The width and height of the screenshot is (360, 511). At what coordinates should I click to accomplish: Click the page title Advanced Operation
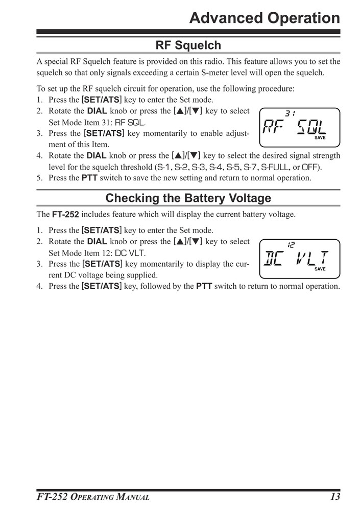264,18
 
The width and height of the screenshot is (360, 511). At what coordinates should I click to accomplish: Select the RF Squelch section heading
188,45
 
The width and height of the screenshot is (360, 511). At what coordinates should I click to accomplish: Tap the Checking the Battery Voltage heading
188,198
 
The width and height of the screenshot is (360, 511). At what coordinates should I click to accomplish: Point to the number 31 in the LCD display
290,113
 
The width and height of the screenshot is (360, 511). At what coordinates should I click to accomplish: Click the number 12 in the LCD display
291,245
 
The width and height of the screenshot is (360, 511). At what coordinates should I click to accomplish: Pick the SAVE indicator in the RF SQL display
320,138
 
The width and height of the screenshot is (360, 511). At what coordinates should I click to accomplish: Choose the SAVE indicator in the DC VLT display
320,269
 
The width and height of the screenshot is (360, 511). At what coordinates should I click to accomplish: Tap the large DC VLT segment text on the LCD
295,258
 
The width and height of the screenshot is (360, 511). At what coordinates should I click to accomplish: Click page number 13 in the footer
334,497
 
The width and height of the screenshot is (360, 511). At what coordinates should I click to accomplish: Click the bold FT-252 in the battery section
65,215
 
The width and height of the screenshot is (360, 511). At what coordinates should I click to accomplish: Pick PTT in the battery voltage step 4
205,286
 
